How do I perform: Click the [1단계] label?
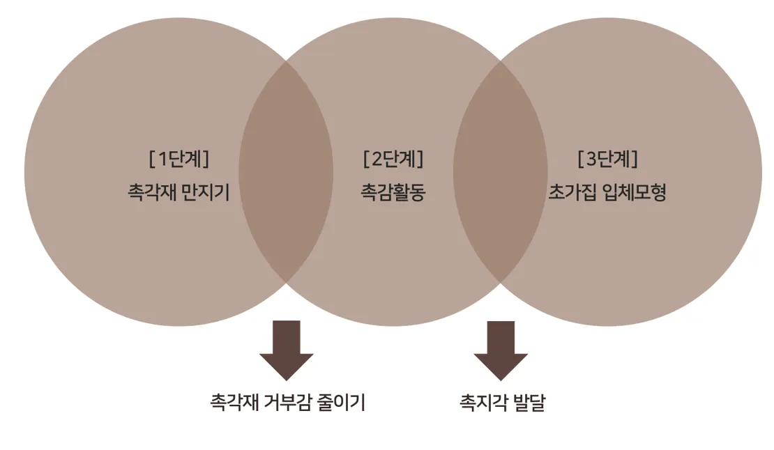(179, 160)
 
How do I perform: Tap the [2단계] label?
(393, 160)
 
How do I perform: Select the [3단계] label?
(607, 160)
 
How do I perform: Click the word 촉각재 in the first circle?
(148, 192)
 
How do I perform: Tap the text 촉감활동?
(393, 192)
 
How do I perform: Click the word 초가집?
(569, 192)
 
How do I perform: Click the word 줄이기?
(344, 403)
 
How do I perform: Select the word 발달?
(529, 403)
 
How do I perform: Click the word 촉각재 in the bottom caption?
(234, 403)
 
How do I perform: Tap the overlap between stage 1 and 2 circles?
(286, 171)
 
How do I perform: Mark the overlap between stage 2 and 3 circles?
(501, 171)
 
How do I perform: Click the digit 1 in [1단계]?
(163, 160)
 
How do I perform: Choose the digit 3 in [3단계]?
(591, 160)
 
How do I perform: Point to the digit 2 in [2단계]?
(377, 160)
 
